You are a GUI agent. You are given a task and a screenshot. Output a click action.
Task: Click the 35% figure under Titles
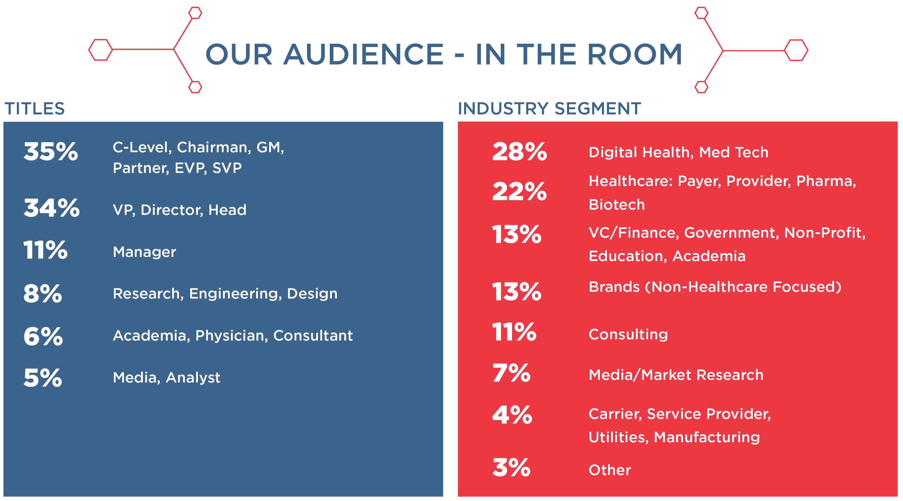[51, 152]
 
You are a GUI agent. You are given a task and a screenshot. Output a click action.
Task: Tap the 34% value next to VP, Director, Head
[51, 208]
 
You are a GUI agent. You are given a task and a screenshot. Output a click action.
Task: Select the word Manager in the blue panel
[144, 252]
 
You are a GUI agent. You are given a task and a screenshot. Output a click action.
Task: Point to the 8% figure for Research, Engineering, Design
[43, 294]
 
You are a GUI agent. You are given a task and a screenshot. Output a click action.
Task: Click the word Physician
[232, 336]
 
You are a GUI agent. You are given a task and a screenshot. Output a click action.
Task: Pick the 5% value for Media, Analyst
[43, 378]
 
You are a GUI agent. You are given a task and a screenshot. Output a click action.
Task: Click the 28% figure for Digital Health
[519, 152]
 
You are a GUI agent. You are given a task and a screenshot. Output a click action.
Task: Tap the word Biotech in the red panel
[617, 205]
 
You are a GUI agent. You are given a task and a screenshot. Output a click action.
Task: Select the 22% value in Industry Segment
[519, 191]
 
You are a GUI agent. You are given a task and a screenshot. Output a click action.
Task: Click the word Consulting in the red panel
[628, 335]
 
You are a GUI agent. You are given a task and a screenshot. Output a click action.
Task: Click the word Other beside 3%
[610, 470]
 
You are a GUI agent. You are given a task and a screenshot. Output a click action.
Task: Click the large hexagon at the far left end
[101, 50]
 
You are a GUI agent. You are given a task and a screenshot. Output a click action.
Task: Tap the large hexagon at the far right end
[796, 50]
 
